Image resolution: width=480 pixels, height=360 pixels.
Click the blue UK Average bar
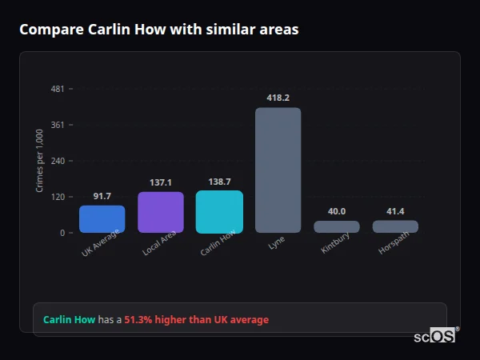click(x=102, y=219)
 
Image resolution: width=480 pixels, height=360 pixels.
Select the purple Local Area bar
click(x=161, y=212)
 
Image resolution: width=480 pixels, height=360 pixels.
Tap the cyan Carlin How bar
click(x=219, y=211)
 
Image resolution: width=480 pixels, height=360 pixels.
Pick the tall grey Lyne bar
click(x=278, y=170)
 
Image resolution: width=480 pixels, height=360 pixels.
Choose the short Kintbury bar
click(x=336, y=226)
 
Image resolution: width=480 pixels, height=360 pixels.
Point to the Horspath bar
click(x=395, y=226)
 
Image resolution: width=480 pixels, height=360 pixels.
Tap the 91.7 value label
click(x=102, y=196)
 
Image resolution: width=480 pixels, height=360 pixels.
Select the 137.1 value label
click(x=161, y=182)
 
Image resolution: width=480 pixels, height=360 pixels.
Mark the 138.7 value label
click(x=219, y=182)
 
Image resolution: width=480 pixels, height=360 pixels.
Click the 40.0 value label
click(x=336, y=211)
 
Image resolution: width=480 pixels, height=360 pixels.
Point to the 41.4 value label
click(x=395, y=211)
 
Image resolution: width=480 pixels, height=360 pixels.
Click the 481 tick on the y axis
click(x=58, y=89)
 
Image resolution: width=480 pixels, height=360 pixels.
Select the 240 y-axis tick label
click(x=58, y=161)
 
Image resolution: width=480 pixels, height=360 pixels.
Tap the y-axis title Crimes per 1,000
click(x=40, y=160)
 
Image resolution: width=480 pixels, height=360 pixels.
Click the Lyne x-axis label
click(x=275, y=243)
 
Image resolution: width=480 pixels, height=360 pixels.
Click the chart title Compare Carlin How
click(x=158, y=30)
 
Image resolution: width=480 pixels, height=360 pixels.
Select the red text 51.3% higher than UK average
click(x=196, y=320)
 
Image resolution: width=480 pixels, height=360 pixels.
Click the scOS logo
click(x=435, y=336)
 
